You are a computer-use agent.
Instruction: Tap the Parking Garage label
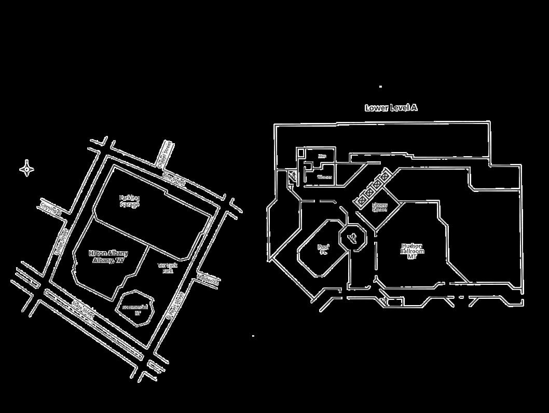pyautogui.click(x=129, y=201)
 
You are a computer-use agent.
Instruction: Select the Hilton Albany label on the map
pyautogui.click(x=108, y=257)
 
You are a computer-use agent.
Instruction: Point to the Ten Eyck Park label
pyautogui.click(x=168, y=268)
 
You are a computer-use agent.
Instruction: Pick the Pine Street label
pyautogui.click(x=174, y=179)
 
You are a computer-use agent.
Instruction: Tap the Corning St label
pyautogui.click(x=50, y=210)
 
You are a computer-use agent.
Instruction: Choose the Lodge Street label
pyautogui.click(x=60, y=242)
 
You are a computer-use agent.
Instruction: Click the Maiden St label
pyautogui.click(x=208, y=280)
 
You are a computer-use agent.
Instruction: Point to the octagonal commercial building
pyautogui.click(x=136, y=309)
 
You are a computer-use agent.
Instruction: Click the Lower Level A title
pyautogui.click(x=391, y=108)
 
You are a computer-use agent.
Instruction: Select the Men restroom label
pyautogui.click(x=322, y=156)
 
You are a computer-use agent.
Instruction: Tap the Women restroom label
pyautogui.click(x=324, y=177)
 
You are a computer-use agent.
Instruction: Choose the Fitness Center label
pyautogui.click(x=380, y=207)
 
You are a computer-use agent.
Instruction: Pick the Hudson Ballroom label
pyautogui.click(x=412, y=251)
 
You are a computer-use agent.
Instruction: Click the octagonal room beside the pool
pyautogui.click(x=353, y=238)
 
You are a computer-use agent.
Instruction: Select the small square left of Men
pyautogui.click(x=300, y=152)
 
